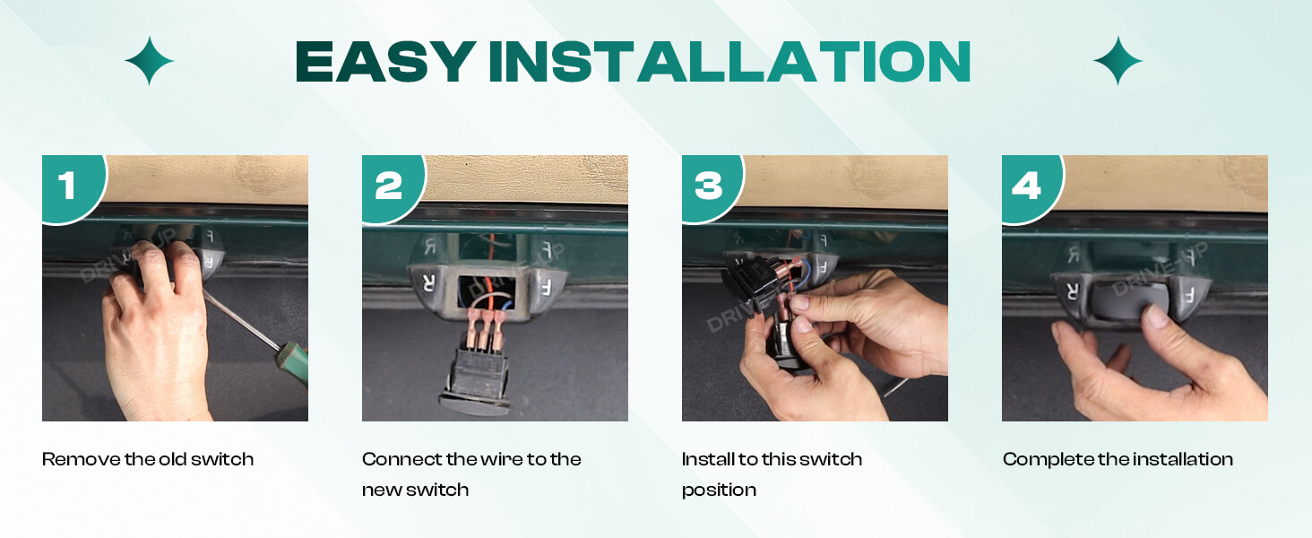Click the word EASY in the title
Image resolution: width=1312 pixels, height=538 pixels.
(x=384, y=63)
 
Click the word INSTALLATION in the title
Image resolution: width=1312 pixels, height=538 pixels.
(x=729, y=63)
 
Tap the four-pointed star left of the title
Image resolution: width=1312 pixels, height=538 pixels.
(x=149, y=61)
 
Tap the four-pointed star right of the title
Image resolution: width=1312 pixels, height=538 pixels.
(x=1118, y=61)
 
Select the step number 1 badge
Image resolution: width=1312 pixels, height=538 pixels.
(x=68, y=186)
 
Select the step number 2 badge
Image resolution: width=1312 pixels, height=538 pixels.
(x=388, y=186)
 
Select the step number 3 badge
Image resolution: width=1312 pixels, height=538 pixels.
(x=708, y=186)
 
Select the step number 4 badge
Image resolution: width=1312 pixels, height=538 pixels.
(x=1028, y=186)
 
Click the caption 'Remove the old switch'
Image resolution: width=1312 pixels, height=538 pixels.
(x=148, y=459)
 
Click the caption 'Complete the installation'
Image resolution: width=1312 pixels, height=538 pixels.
(x=1118, y=459)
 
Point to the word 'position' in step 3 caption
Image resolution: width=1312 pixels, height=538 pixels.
(x=719, y=490)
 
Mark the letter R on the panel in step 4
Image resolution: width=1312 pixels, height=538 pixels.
(x=1070, y=291)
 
